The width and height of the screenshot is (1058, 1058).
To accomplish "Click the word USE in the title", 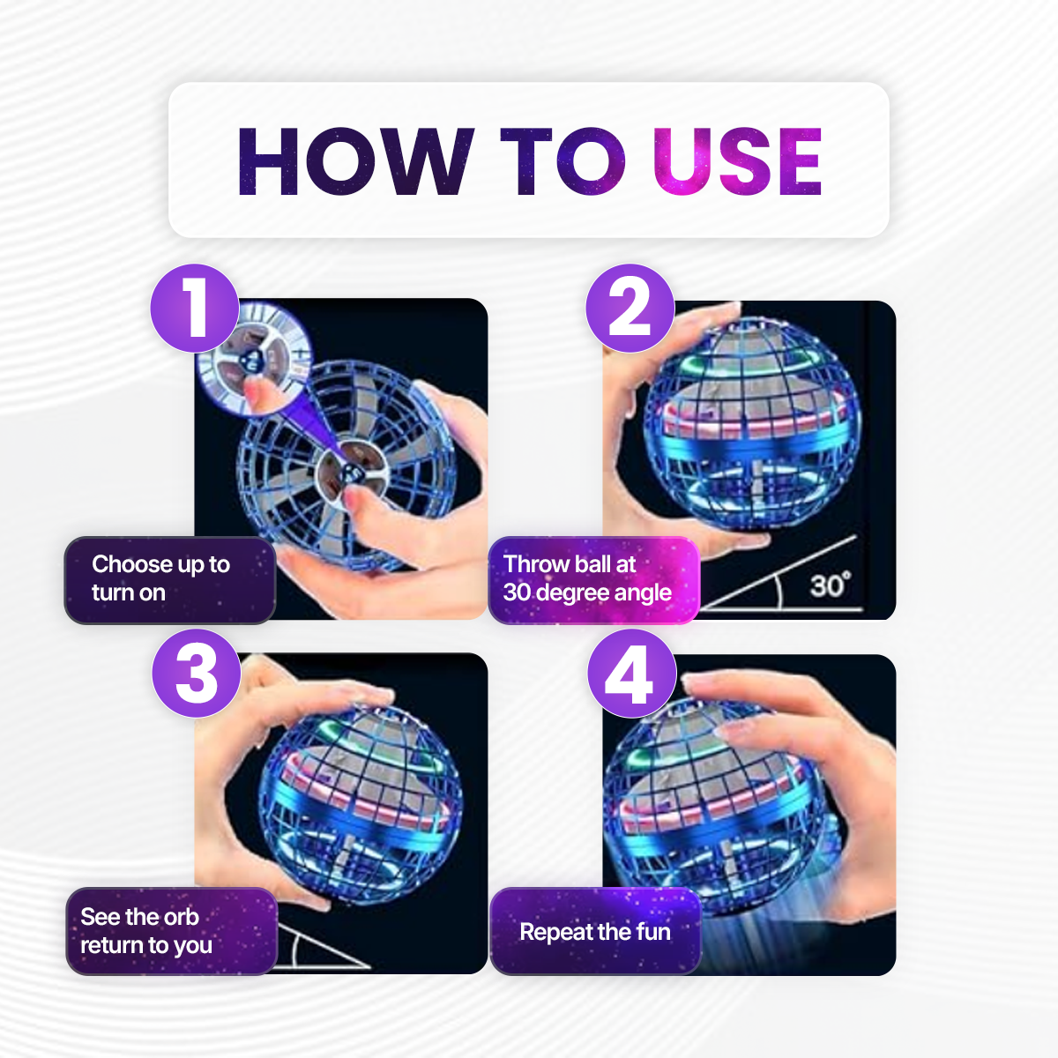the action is [x=737, y=161].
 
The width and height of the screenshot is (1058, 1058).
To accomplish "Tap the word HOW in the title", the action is [x=356, y=161].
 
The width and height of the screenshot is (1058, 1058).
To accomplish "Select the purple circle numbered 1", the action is [x=195, y=308].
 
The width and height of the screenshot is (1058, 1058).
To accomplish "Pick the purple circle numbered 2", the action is [x=630, y=308].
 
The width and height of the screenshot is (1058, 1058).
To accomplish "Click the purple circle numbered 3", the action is [x=197, y=673].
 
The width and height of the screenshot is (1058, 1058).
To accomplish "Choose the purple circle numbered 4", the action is [x=632, y=673].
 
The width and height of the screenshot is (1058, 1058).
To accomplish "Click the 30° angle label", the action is [x=831, y=585].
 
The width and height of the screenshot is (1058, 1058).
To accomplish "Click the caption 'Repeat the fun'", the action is [x=595, y=932].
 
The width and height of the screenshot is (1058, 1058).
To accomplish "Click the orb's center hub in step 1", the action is [x=352, y=473].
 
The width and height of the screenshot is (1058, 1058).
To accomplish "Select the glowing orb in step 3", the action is [x=361, y=806].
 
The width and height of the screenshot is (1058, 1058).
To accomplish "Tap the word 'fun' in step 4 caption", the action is [x=653, y=932].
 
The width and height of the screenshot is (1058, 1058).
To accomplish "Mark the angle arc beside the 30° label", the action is [x=779, y=590].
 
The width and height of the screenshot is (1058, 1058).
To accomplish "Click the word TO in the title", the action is [x=563, y=161].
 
